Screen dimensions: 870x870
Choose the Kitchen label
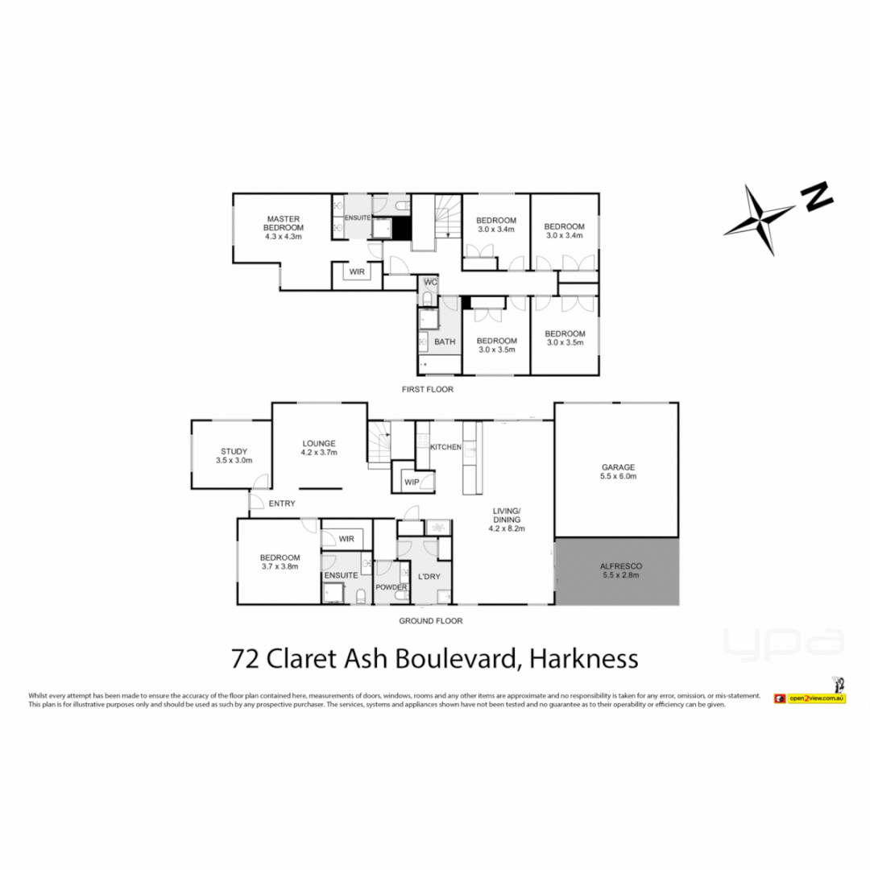tap(445, 447)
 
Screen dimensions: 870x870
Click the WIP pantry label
tap(412, 483)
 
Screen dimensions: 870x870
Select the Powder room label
tap(391, 587)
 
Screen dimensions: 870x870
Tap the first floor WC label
tap(430, 282)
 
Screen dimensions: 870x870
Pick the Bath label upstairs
tap(445, 342)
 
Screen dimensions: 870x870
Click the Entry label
tap(282, 503)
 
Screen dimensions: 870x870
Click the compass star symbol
tap(759, 219)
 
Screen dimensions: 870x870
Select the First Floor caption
tap(428, 389)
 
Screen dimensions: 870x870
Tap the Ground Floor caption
tap(430, 621)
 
